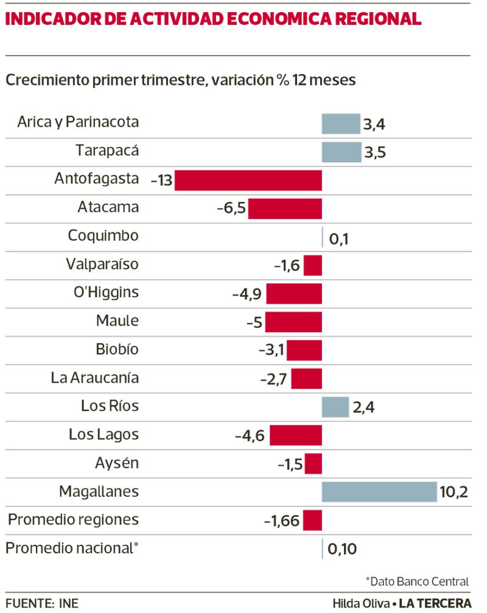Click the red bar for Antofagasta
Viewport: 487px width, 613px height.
(x=248, y=181)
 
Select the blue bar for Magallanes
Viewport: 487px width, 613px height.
(x=379, y=492)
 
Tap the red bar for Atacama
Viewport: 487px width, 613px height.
(x=285, y=209)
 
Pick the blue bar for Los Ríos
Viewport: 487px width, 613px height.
(x=336, y=407)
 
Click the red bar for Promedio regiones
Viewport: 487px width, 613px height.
(x=312, y=521)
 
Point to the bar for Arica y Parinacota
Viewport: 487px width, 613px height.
(x=341, y=123)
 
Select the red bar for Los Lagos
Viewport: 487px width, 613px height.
(x=296, y=435)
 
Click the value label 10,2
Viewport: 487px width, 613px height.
(x=454, y=493)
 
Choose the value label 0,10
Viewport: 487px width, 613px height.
(x=342, y=550)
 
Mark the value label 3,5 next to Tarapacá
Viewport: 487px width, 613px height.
(x=375, y=153)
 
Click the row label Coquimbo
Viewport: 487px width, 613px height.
(x=103, y=235)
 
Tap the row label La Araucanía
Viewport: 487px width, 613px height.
(x=95, y=378)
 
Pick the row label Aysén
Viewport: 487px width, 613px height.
(x=117, y=463)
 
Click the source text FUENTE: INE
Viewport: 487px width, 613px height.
(x=41, y=603)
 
